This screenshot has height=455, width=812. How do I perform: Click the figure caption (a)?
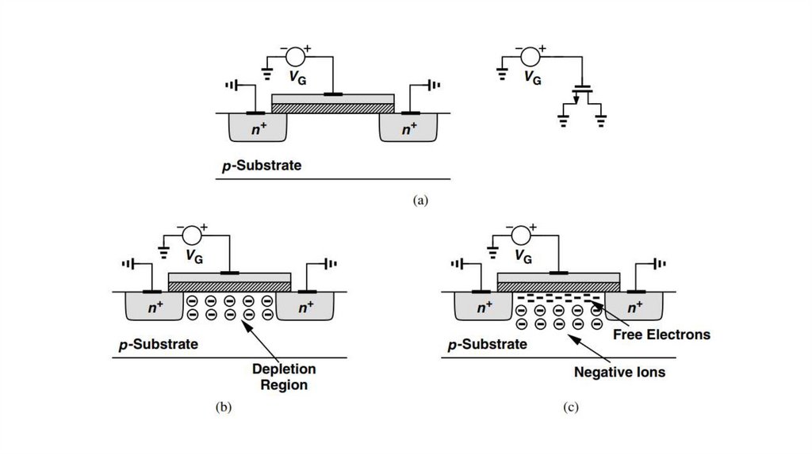click(420, 201)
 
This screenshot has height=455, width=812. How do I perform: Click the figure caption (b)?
click(223, 407)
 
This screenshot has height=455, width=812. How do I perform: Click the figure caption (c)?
click(571, 407)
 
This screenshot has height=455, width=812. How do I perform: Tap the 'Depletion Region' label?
click(283, 377)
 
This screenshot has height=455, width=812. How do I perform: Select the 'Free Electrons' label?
click(661, 335)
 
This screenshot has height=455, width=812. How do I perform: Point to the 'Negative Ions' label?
click(619, 371)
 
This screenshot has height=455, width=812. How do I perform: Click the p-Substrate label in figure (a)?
click(262, 166)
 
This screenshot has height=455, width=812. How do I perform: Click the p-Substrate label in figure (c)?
click(487, 345)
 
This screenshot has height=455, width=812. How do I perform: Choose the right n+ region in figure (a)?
click(409, 128)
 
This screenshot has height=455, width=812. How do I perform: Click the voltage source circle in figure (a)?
click(295, 57)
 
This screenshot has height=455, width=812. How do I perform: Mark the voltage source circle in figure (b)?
click(191, 235)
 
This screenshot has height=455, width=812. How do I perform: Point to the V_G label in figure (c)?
click(523, 256)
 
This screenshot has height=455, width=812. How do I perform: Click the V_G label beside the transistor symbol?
click(533, 78)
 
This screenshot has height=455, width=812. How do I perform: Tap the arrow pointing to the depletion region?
click(261, 336)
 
